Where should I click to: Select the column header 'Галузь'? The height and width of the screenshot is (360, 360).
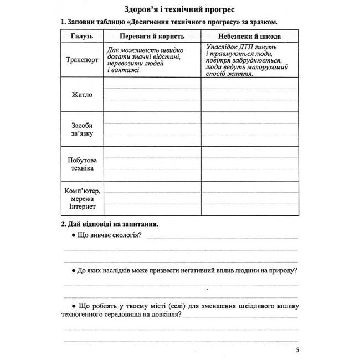[81, 36]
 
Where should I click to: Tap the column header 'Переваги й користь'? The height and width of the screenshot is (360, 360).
[152, 36]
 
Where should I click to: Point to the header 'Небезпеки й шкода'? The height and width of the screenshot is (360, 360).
[250, 36]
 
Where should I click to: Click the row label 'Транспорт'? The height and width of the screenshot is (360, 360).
[81, 60]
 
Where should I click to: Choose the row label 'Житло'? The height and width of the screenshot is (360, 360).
[81, 95]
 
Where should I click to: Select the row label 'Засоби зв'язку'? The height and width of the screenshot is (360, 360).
[81, 130]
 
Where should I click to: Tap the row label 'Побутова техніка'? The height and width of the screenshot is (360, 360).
[81, 164]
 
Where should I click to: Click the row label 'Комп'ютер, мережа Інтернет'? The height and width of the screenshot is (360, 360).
[81, 199]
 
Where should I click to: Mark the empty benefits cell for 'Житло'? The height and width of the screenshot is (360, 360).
[152, 95]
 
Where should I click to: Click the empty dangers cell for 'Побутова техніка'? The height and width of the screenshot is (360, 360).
[250, 164]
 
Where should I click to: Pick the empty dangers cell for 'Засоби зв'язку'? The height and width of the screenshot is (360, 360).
[250, 130]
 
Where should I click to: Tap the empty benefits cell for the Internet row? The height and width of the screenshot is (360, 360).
[152, 199]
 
